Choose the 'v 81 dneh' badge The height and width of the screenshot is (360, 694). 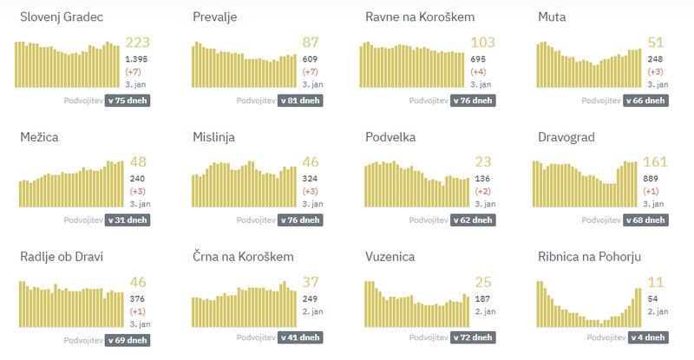(x=300, y=101)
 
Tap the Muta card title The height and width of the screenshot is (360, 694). (x=554, y=17)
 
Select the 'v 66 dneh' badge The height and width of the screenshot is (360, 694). (x=645, y=101)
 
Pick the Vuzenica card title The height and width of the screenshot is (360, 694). (x=390, y=257)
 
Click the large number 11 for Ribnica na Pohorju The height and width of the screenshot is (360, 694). (x=656, y=282)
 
